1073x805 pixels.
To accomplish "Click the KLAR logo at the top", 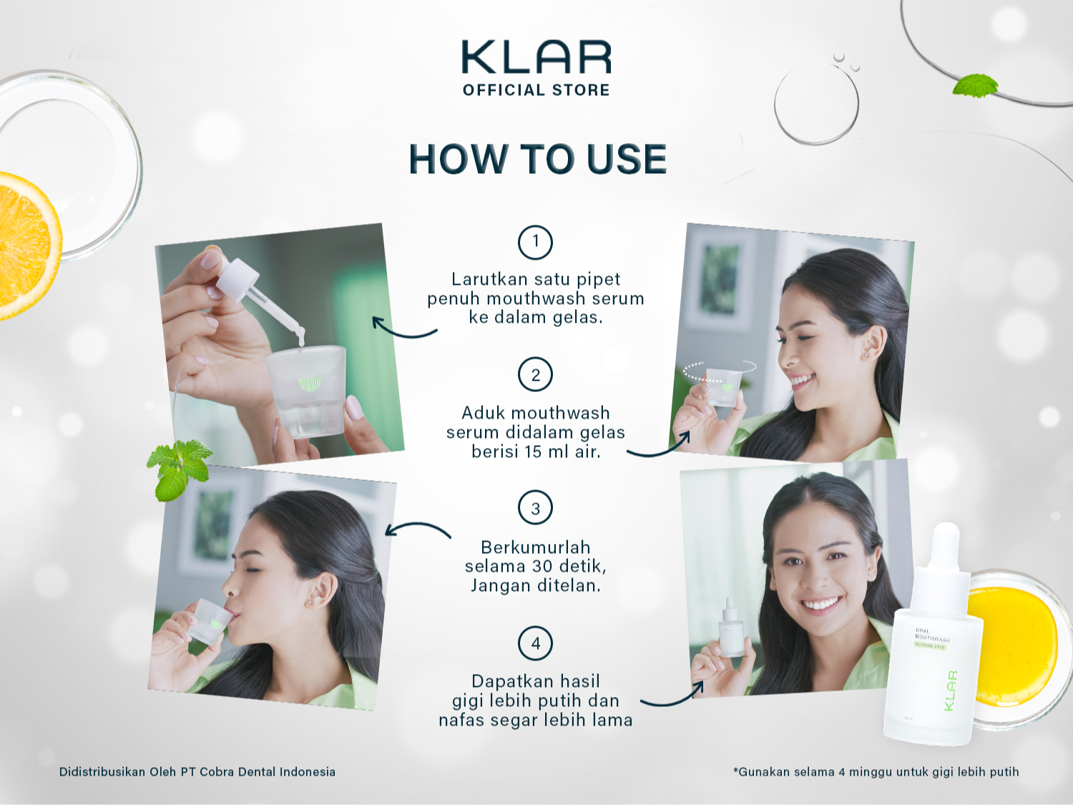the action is [x=536, y=57].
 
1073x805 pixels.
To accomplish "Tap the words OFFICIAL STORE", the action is [x=536, y=90].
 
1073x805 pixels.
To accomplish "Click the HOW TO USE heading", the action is [x=537, y=159].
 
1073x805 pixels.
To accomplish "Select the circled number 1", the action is [x=535, y=241].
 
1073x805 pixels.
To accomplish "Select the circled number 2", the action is [x=535, y=375].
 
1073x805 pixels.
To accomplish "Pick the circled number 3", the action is [x=535, y=508].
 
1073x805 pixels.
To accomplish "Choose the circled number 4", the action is [x=535, y=643].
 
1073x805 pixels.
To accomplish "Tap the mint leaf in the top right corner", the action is [x=975, y=86].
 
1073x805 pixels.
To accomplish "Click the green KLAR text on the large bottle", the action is [x=950, y=691].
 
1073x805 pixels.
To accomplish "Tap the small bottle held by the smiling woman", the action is [x=731, y=628].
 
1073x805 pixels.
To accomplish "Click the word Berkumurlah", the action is [x=536, y=547].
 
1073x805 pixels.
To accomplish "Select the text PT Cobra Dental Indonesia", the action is [x=258, y=772].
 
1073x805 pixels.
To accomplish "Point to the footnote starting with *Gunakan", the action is [x=876, y=772].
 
